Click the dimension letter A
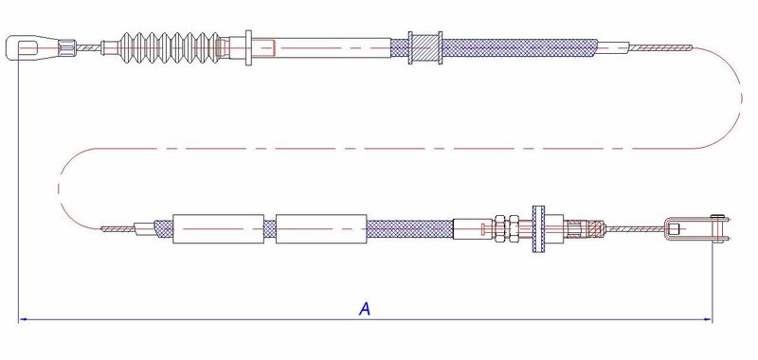365,308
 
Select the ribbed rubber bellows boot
170,47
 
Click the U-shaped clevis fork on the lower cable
695,228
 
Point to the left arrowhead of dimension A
22,319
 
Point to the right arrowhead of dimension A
708,319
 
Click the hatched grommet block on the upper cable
424,47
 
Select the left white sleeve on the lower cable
218,228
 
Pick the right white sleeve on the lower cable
321,228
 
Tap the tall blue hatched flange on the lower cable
538,228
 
